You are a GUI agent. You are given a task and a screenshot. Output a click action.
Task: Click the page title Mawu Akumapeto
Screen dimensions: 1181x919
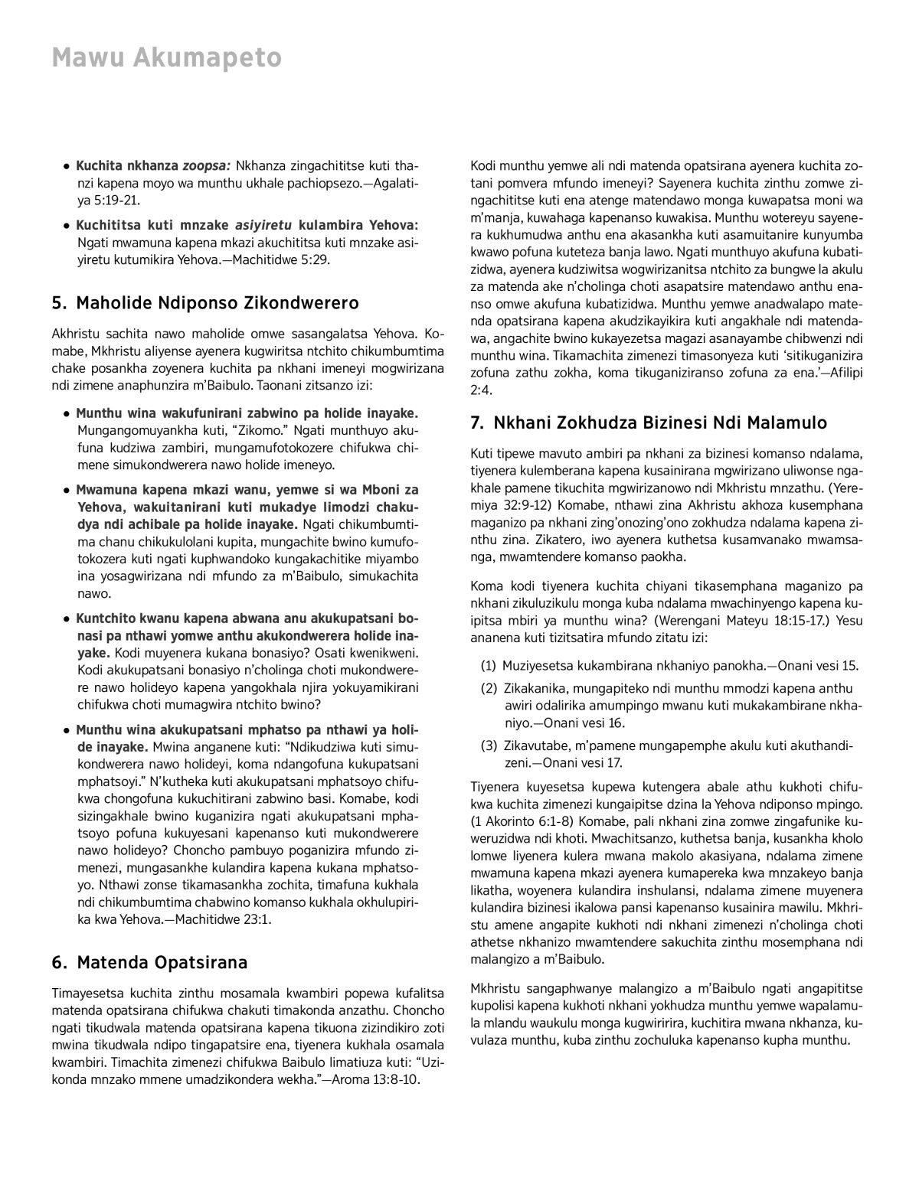[x=166, y=58]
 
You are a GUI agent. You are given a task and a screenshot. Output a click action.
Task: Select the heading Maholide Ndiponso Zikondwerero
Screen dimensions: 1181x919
[x=217, y=303]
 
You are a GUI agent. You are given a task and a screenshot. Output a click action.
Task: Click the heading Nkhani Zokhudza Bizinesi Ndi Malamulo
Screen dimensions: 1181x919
[x=660, y=422]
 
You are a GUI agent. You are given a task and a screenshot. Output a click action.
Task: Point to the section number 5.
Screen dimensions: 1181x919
[x=57, y=303]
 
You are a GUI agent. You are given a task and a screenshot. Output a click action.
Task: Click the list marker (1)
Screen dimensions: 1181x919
[x=489, y=666]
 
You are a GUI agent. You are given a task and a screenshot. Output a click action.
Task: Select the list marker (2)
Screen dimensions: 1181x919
[x=489, y=688]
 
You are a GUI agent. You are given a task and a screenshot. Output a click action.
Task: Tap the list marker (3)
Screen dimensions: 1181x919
[x=489, y=745]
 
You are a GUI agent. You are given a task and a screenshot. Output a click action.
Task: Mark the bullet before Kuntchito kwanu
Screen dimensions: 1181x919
[x=68, y=619]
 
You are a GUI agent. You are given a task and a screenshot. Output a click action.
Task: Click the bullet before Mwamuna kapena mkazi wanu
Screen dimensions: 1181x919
[x=68, y=490]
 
